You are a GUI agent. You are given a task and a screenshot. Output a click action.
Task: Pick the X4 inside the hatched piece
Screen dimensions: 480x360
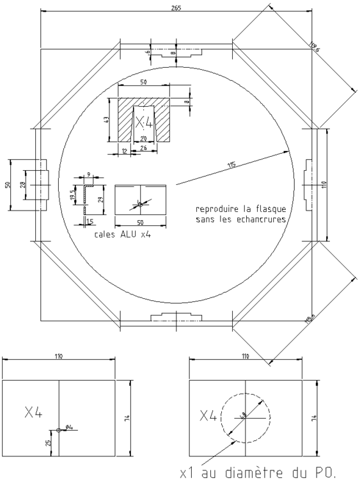pos(145,120)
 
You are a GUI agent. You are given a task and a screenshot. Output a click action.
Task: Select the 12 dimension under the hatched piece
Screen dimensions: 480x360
pos(123,151)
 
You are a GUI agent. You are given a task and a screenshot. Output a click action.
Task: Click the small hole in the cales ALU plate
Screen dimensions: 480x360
pos(140,204)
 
